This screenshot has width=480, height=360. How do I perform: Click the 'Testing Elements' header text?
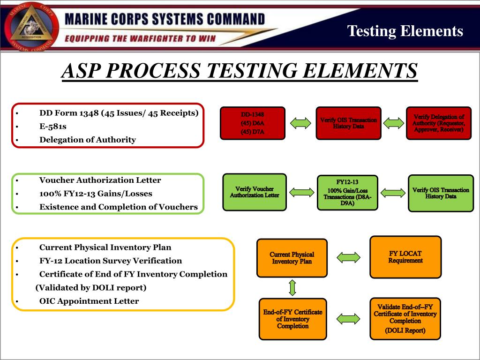pyautogui.click(x=405, y=31)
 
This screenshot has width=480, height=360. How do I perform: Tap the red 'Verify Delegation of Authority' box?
pyautogui.click(x=438, y=123)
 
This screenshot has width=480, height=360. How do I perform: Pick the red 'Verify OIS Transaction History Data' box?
pyautogui.click(x=348, y=123)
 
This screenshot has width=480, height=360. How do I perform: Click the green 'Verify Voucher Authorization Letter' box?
pyautogui.click(x=254, y=192)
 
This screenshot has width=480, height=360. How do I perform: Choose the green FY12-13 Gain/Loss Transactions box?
pyautogui.click(x=347, y=193)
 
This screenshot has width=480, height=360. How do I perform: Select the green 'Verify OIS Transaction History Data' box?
pyautogui.click(x=441, y=193)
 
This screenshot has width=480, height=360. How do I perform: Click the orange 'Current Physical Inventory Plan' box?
pyautogui.click(x=292, y=258)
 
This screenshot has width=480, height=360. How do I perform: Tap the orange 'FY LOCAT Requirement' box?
pyautogui.click(x=405, y=257)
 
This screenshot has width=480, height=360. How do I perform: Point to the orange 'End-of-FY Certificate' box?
pyautogui.click(x=292, y=319)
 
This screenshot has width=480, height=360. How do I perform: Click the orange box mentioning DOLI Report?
pyautogui.click(x=405, y=319)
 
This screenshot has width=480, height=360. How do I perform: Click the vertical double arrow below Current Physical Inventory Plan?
pyautogui.click(x=292, y=287)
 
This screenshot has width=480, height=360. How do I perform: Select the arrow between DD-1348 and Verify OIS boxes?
pyautogui.click(x=300, y=123)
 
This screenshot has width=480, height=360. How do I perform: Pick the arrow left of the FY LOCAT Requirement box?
pyautogui.click(x=349, y=257)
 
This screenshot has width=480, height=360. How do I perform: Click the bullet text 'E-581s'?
pyautogui.click(x=52, y=126)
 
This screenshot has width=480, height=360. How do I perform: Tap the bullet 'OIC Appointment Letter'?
pyautogui.click(x=89, y=301)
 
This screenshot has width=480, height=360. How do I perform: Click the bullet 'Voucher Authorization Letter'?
pyautogui.click(x=100, y=180)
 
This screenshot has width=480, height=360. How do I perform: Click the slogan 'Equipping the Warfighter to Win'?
pyautogui.click(x=139, y=38)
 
